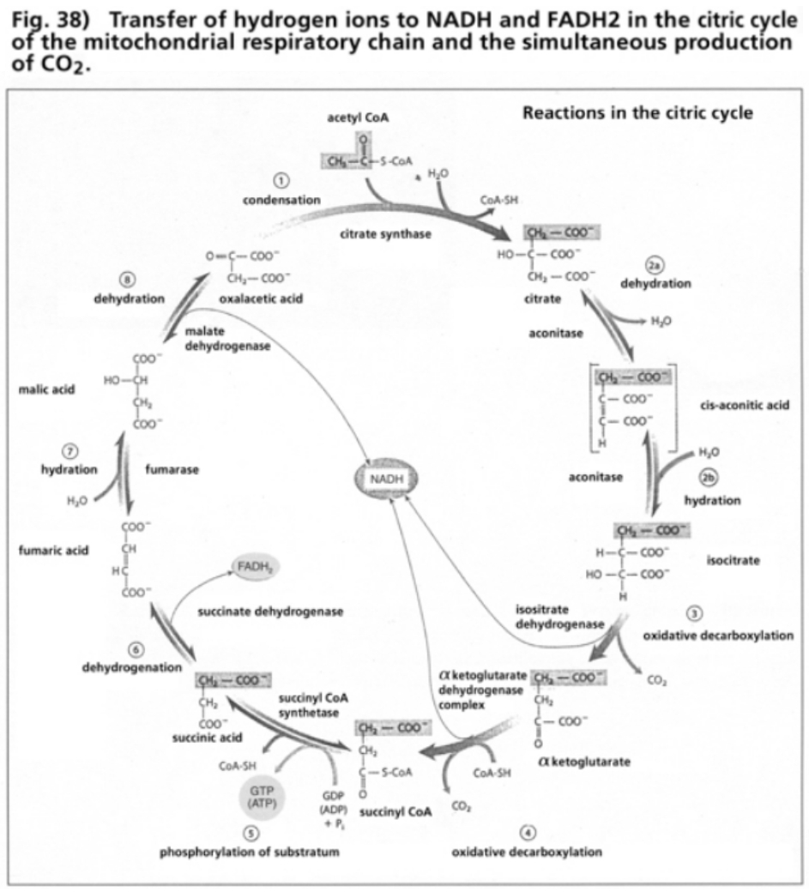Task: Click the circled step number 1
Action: [280, 180]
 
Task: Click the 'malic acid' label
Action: [46, 389]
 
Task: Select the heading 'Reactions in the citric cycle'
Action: [637, 113]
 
